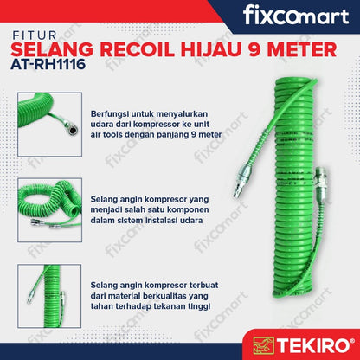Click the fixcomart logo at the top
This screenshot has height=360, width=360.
click(296, 16)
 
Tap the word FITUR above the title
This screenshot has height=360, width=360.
click(34, 35)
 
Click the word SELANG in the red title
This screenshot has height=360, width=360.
click(52, 49)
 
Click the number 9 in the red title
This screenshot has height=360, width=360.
click(254, 49)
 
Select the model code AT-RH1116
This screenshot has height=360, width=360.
click(48, 64)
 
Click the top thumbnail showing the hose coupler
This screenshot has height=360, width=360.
click(50, 125)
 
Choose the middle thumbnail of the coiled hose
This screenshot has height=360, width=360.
click(50, 210)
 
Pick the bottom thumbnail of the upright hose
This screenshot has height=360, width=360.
click(49, 296)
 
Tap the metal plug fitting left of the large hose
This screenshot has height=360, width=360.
click(241, 181)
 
